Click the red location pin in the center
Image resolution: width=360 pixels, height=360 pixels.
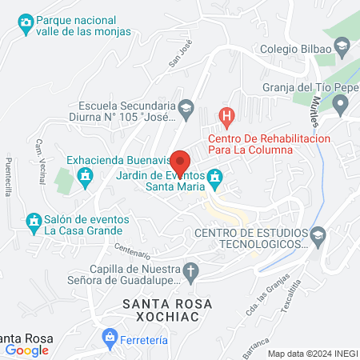(181, 160)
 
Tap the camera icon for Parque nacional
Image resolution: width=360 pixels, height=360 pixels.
(26, 22)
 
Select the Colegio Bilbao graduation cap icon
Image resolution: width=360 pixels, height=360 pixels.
(342, 47)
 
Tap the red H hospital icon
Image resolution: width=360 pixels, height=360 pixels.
(227, 116)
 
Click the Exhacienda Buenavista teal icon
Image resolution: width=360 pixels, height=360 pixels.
(84, 180)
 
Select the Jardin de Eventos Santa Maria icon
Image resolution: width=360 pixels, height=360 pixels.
(214, 176)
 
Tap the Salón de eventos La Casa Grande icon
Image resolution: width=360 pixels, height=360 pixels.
(33, 220)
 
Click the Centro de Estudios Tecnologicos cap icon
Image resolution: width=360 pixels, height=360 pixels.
(318, 234)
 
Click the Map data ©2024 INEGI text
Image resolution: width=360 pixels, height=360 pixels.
(312, 354)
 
